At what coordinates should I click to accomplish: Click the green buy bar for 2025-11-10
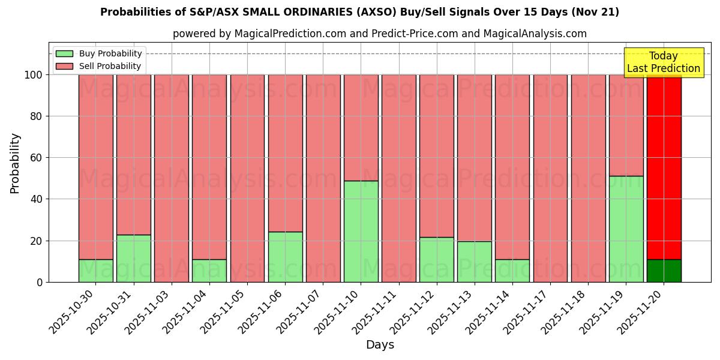361,232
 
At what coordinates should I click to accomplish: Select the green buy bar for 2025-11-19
626,229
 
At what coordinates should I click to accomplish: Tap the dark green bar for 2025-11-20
664,271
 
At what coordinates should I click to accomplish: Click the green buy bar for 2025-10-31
133,259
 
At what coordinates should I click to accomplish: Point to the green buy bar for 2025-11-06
285,257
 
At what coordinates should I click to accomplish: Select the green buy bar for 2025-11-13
474,262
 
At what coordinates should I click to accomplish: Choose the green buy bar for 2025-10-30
95,271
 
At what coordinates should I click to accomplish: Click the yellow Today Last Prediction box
664,62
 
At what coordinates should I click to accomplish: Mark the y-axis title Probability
15,163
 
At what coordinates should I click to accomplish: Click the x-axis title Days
380,345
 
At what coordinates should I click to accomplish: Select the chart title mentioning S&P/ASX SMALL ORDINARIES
359,12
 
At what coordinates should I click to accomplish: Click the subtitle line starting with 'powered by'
379,34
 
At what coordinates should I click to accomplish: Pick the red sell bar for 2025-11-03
171,178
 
